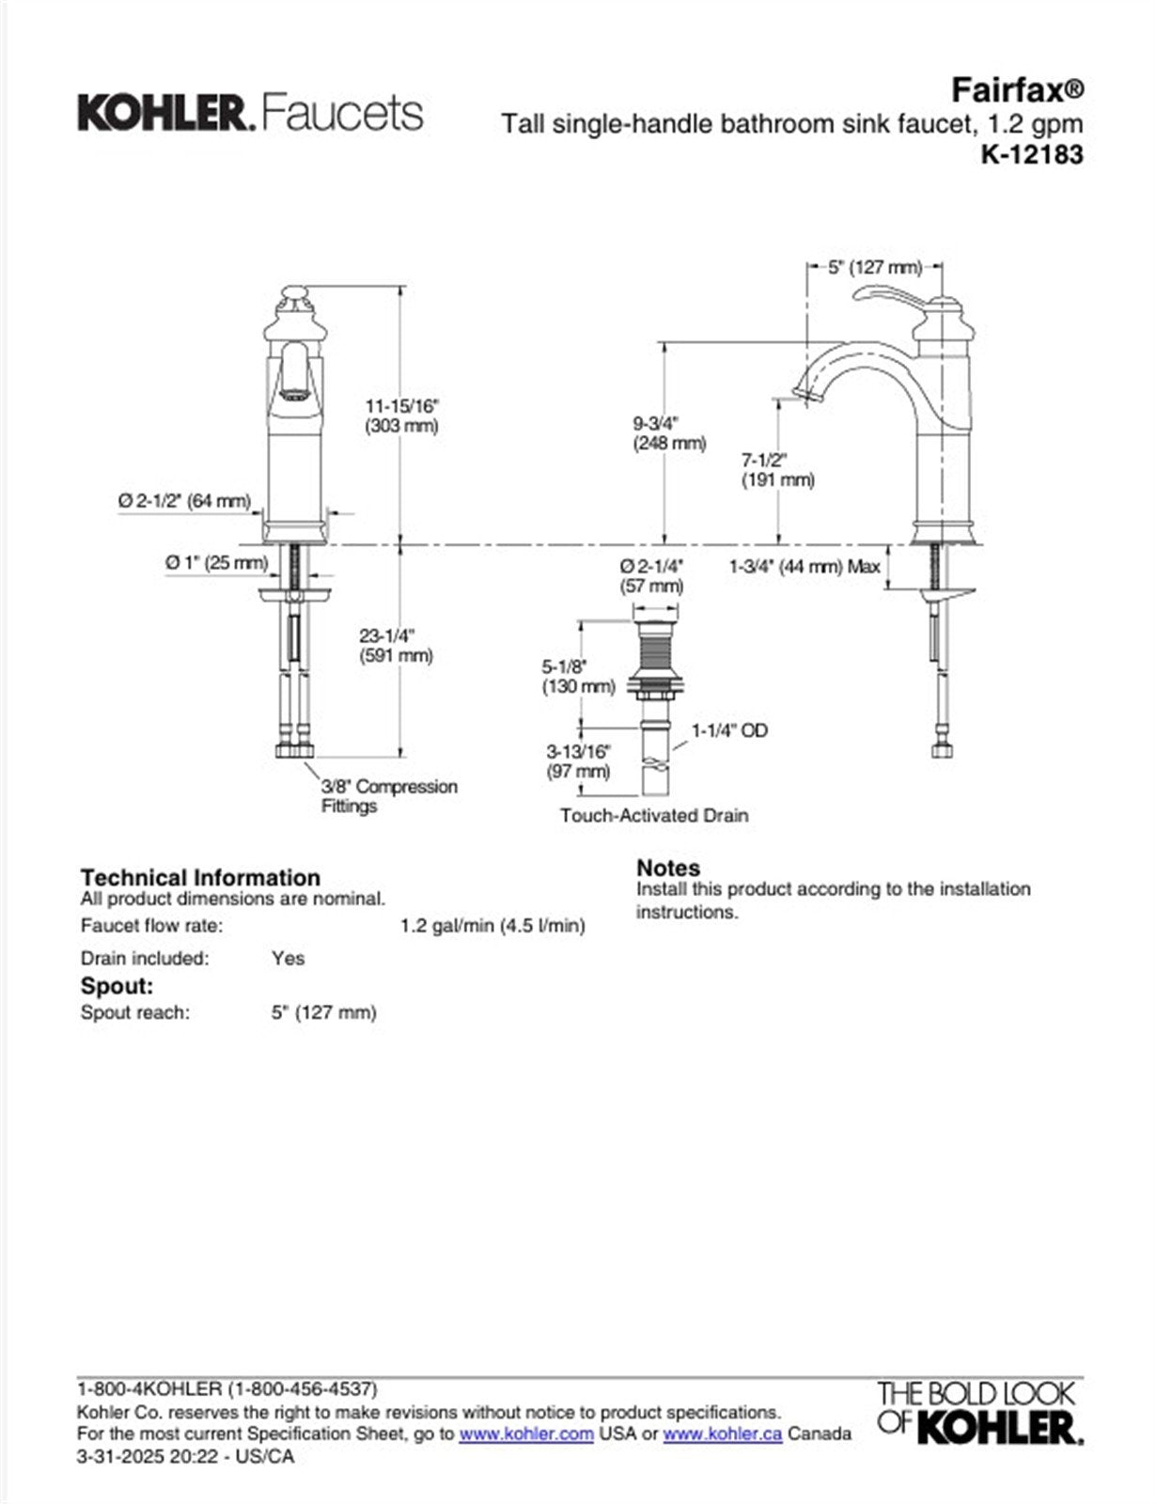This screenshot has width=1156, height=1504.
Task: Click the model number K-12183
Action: point(1031,153)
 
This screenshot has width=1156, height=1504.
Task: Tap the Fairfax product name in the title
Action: point(1016,90)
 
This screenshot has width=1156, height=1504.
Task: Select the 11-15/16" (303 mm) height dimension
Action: point(401,415)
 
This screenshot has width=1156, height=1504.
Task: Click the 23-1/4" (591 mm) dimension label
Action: point(396,646)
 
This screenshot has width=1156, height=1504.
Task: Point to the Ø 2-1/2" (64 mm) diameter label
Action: point(184,501)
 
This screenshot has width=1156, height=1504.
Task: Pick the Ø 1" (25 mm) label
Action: point(216,562)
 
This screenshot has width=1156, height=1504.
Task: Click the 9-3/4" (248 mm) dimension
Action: point(669,432)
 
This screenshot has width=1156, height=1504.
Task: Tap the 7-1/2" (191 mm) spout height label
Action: point(777,470)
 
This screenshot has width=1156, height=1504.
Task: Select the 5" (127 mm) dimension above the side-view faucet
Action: point(874,268)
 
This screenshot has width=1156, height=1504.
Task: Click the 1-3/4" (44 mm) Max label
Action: point(805,566)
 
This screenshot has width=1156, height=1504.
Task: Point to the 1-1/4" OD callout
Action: point(729,730)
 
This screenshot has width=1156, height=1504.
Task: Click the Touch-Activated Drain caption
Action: point(654,815)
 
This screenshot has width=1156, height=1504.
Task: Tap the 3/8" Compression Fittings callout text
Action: point(388,796)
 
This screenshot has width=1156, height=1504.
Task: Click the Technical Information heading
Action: point(200,877)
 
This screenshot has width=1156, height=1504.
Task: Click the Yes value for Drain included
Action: point(288,958)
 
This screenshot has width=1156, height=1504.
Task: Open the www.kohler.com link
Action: point(525,1434)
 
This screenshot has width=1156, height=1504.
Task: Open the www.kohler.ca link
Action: point(722,1434)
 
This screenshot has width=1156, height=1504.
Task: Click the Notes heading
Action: point(668,868)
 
